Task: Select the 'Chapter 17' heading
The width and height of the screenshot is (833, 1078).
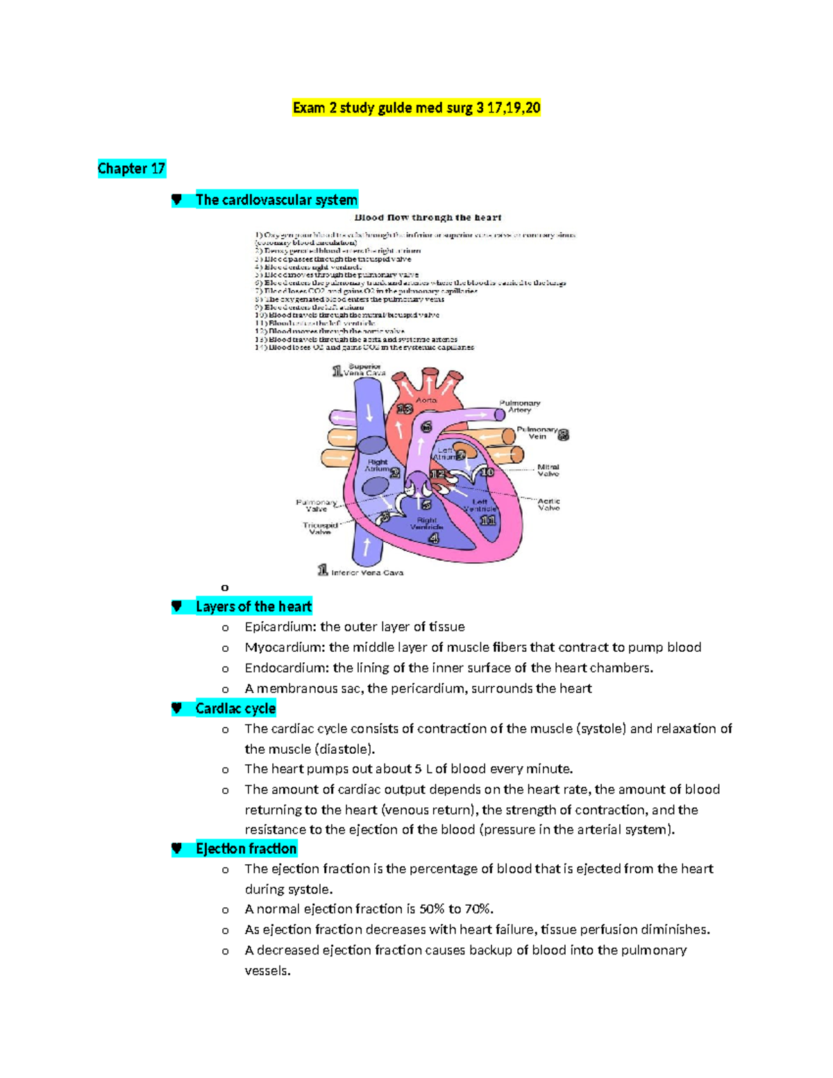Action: click(131, 169)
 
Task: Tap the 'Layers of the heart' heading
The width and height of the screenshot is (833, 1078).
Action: click(253, 607)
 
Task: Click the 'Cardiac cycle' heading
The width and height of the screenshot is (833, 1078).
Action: click(235, 709)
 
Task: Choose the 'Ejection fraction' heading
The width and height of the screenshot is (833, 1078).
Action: click(246, 849)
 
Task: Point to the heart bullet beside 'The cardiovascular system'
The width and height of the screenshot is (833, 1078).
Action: click(177, 200)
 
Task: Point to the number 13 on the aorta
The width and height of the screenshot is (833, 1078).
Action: click(404, 410)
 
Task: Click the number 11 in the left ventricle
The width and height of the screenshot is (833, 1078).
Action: click(488, 520)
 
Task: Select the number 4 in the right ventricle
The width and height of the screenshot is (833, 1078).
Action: click(435, 538)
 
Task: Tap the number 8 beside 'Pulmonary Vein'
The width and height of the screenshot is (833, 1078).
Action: click(564, 435)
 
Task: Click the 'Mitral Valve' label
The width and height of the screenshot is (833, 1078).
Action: click(548, 471)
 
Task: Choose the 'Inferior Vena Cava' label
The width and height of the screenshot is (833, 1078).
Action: click(367, 573)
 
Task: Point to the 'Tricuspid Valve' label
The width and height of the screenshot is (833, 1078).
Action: click(320, 528)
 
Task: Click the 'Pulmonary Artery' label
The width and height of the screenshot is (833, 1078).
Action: click(519, 406)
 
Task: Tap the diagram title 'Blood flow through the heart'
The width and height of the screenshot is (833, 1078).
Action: click(428, 217)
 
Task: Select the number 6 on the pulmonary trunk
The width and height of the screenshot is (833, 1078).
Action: click(426, 426)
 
